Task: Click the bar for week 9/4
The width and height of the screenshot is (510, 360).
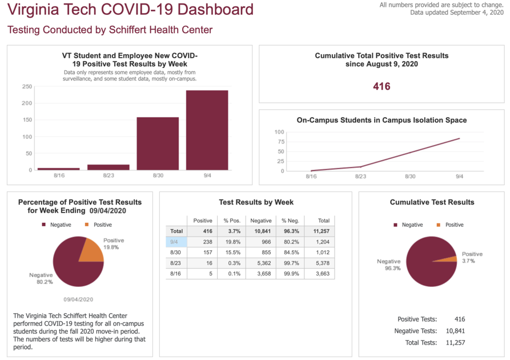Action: (x=207, y=130)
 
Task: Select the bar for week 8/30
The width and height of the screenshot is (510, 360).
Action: (x=157, y=143)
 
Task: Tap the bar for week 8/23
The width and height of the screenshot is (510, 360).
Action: (x=108, y=167)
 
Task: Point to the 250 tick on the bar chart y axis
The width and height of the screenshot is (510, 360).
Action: (x=27, y=87)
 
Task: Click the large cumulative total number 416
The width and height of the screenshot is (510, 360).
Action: (x=382, y=86)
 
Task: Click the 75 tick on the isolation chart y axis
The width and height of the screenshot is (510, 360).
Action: (x=279, y=142)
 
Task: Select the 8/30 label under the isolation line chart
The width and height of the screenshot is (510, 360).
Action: (x=410, y=177)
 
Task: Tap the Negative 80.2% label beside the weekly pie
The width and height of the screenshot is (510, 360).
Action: (x=41, y=278)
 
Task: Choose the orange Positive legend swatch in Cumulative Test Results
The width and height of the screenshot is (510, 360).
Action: (x=439, y=225)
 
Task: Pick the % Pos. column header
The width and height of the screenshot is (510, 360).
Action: (x=231, y=221)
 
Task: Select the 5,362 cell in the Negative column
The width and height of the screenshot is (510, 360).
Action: (x=260, y=263)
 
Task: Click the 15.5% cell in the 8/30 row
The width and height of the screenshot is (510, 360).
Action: (x=231, y=253)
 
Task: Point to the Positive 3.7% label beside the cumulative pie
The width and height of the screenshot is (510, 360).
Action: (x=472, y=257)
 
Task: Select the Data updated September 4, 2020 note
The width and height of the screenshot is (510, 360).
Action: (x=456, y=13)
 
